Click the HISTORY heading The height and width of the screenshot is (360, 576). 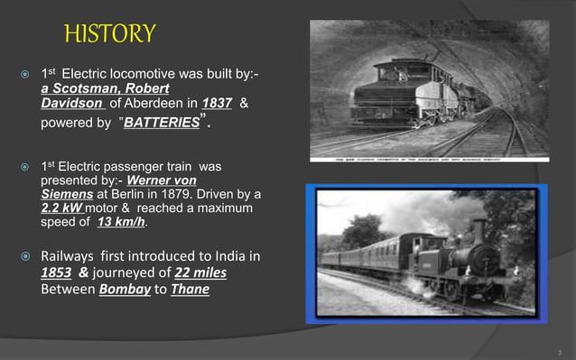coord(110,34)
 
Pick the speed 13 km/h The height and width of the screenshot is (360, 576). coord(121,221)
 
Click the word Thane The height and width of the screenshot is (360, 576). coord(190,290)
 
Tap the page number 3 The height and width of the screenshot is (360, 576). coord(559,346)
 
